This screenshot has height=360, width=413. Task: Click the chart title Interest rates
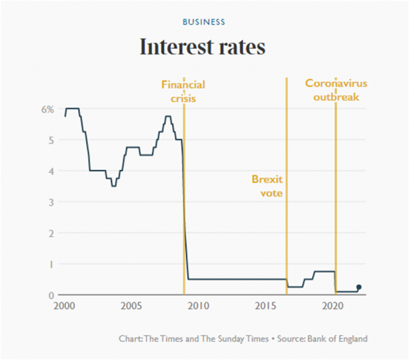click(203, 47)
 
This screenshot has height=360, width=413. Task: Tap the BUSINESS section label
click(204, 22)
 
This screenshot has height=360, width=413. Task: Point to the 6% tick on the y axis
click(47, 109)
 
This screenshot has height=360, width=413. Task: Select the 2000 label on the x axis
click(64, 306)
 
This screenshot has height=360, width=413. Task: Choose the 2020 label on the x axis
click(333, 306)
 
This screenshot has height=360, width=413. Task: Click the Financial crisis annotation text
click(183, 92)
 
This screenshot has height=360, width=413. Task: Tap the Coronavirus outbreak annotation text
click(337, 90)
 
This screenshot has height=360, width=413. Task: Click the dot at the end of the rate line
click(359, 287)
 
